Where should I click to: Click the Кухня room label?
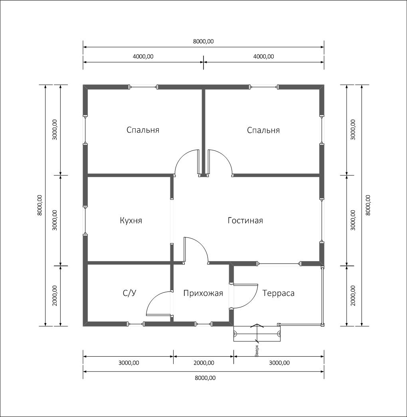pyautogui.click(x=131, y=220)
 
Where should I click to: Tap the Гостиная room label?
pyautogui.click(x=245, y=220)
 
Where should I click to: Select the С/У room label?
pyautogui.click(x=130, y=293)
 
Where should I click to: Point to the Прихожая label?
pyautogui.click(x=203, y=293)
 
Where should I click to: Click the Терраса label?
pyautogui.click(x=278, y=293)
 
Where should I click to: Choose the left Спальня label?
pyautogui.click(x=143, y=130)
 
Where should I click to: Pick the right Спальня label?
pyautogui.click(x=263, y=130)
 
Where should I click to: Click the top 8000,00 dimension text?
pyautogui.click(x=203, y=41)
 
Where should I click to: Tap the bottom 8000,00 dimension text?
pyautogui.click(x=205, y=378)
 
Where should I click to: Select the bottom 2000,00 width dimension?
pyautogui.click(x=204, y=363)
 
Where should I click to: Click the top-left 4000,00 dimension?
pyautogui.click(x=143, y=56)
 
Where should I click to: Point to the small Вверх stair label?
pyautogui.click(x=257, y=351)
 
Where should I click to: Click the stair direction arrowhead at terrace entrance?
pyautogui.click(x=257, y=325)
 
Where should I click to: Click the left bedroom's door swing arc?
pyautogui.click(x=183, y=157)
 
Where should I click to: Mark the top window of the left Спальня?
pyautogui.click(x=143, y=87)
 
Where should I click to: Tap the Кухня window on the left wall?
pyautogui.click(x=85, y=220)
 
